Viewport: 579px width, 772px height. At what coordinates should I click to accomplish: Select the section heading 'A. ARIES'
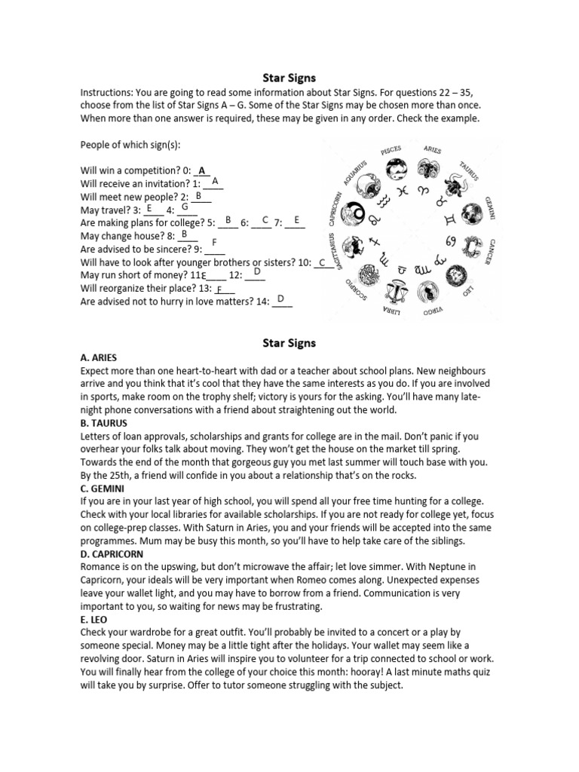point(99,357)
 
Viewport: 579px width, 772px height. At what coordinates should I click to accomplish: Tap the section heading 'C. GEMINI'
point(104,489)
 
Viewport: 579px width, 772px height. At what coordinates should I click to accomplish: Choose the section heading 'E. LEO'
point(94,620)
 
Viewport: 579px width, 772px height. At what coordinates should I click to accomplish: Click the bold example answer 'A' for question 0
point(202,170)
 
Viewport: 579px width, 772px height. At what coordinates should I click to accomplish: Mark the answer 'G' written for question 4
point(185,206)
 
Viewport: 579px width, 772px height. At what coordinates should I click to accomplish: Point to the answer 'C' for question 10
point(322,262)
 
